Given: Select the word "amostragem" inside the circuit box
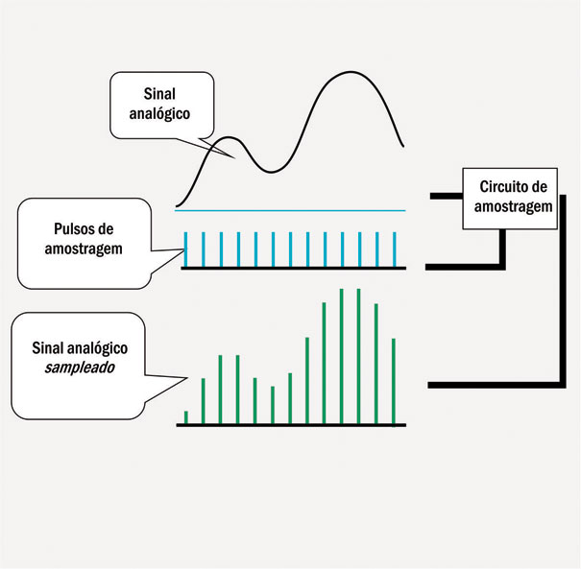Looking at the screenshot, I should tap(508, 205).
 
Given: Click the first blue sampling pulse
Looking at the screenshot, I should tap(185, 249).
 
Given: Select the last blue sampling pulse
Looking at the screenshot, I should tap(394, 249).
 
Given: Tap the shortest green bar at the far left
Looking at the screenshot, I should tap(185, 416).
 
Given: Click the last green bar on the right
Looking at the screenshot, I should tap(394, 380).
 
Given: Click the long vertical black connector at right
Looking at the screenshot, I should tap(560, 307).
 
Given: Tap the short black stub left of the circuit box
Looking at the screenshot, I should tap(447, 196).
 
